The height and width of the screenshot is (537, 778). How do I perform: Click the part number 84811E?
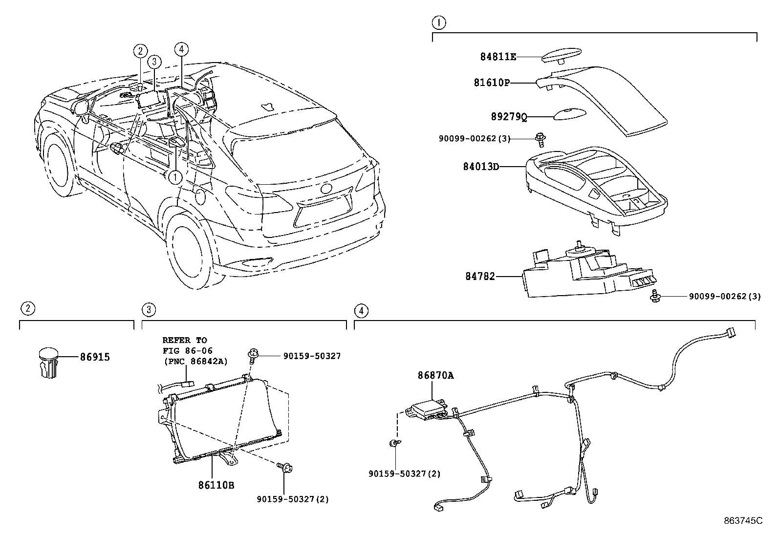[x=497, y=57]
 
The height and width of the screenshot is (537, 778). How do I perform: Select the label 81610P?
[x=492, y=83]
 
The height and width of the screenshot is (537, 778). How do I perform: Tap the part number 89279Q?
[x=509, y=117]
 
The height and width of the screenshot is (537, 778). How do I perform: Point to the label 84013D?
[x=481, y=167]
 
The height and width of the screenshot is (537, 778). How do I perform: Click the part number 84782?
[x=479, y=277]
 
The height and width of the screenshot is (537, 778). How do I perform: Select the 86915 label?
[x=95, y=357]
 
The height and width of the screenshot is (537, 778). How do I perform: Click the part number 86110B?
[x=216, y=485]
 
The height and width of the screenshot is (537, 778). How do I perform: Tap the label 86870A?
[x=435, y=375]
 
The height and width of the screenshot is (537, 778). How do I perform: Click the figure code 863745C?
[x=743, y=521]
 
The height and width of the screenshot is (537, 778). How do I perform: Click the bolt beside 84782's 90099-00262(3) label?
[x=656, y=296]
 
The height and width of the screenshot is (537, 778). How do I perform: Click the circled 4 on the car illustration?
[x=181, y=49]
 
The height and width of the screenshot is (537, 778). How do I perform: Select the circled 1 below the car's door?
[x=174, y=177]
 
